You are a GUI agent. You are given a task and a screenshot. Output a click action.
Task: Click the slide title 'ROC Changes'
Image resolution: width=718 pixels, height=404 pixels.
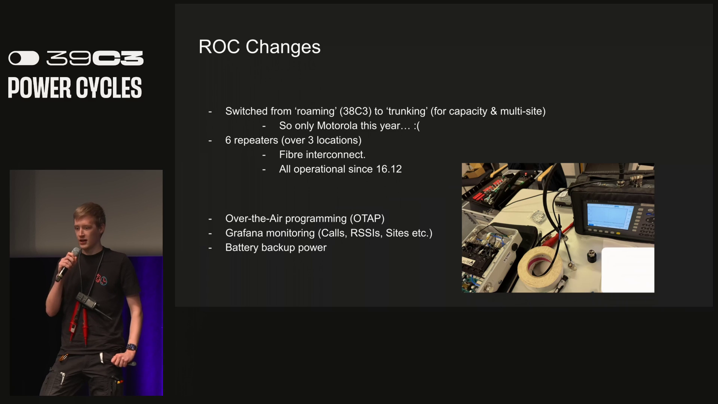259,47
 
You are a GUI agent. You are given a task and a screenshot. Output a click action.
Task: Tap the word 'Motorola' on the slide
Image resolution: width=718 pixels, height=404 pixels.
341,126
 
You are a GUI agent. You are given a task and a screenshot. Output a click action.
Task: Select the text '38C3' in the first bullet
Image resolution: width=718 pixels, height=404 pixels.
355,111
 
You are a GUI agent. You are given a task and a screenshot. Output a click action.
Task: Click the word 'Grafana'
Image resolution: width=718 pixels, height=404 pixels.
244,233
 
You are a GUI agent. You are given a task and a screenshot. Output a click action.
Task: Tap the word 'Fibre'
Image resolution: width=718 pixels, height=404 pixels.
291,154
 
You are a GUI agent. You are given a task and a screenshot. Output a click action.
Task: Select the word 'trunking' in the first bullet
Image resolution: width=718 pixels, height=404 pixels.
407,111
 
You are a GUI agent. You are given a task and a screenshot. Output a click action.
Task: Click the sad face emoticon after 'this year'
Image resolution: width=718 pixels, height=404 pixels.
417,126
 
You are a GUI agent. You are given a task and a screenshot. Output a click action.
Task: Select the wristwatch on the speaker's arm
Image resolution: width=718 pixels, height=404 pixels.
131,347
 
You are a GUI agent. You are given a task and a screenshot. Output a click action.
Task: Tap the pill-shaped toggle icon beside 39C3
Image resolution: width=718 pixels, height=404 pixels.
24,58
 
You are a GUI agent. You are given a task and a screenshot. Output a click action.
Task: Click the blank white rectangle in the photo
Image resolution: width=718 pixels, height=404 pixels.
628,270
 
